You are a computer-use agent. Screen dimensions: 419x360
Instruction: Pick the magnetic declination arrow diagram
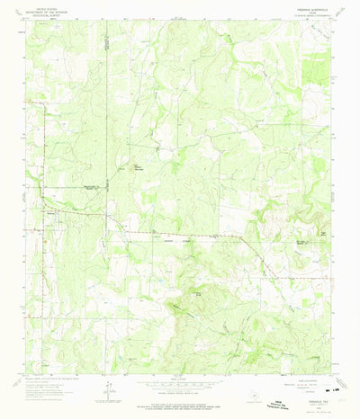pos(107,390)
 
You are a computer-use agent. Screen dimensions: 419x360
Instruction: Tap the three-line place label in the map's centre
pos(164,168)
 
